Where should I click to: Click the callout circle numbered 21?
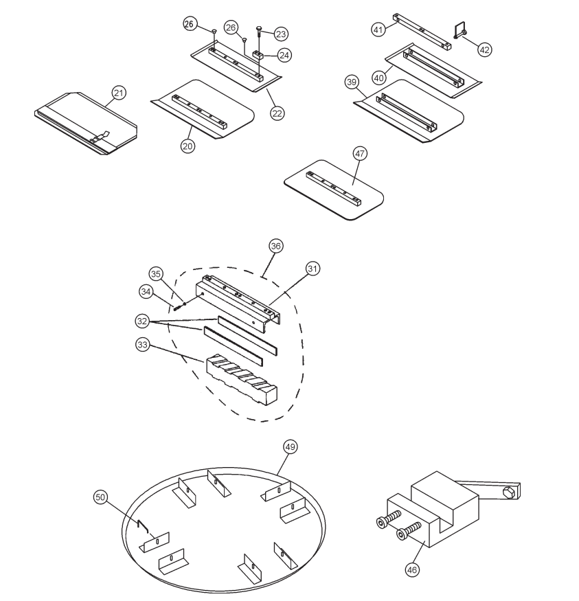(x=119, y=92)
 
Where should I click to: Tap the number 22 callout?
(x=277, y=112)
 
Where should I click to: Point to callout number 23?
(x=281, y=33)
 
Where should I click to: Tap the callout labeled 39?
(x=352, y=82)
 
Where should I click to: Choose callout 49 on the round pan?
(x=291, y=446)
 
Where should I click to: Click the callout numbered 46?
(x=411, y=569)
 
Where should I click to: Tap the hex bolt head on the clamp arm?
(x=509, y=491)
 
